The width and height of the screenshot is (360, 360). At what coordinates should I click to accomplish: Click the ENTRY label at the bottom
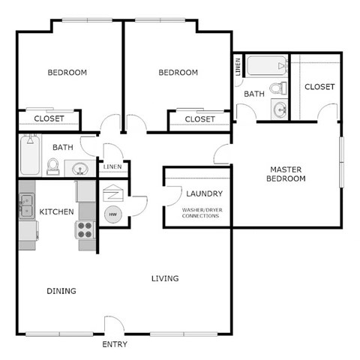point(115,345)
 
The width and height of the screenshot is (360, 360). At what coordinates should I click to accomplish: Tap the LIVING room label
point(165,279)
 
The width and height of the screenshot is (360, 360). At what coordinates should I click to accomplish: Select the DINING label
point(61,291)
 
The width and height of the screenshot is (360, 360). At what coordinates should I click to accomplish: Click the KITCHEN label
point(56,211)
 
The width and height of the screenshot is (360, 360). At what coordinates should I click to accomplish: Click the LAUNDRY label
point(204,194)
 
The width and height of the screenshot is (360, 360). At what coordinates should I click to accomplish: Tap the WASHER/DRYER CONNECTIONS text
point(200,212)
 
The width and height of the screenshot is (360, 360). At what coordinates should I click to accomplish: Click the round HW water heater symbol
point(112,215)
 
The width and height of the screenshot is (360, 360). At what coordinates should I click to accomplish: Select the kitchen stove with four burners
point(85,229)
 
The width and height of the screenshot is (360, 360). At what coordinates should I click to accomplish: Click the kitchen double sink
point(26,201)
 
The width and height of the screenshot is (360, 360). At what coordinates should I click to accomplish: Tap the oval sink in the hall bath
point(80,168)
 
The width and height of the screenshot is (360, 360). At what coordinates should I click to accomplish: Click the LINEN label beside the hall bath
point(112,166)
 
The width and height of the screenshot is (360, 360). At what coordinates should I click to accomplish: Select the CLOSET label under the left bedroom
point(49,118)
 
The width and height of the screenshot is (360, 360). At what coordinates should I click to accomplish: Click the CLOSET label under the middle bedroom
point(199,119)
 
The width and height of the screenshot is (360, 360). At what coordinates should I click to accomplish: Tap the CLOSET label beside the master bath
point(319,87)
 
